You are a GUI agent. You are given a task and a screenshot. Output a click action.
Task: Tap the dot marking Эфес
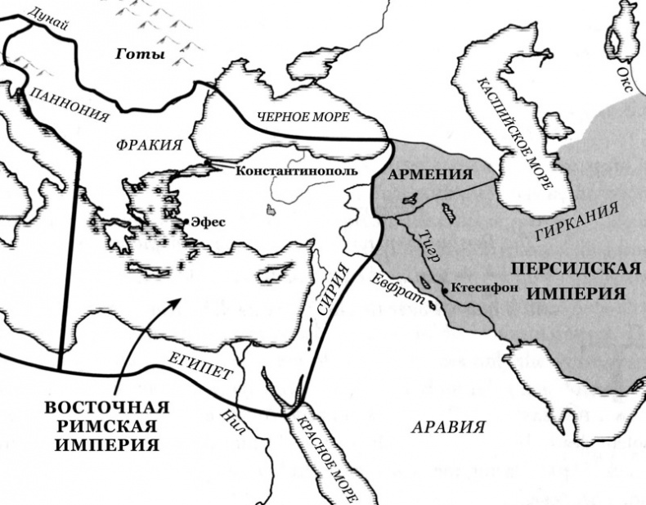click(188, 222)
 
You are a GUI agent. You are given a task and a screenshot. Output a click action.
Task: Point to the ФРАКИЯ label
click(149, 144)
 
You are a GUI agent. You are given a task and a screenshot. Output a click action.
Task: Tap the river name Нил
click(234, 422)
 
